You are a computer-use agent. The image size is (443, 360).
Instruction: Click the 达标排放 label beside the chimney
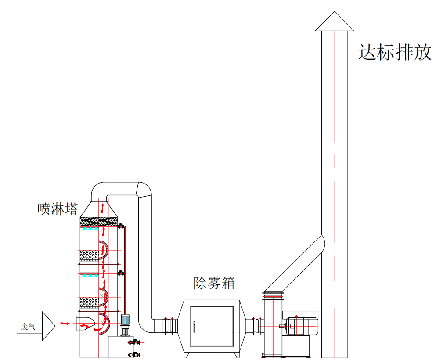[x=395, y=52]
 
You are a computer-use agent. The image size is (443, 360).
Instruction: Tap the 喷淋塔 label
[x=58, y=209]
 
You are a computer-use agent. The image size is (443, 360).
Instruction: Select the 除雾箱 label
[x=214, y=283]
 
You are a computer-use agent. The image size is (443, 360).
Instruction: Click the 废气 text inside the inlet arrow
[x=28, y=326]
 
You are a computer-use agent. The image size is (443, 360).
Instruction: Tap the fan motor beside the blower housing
[x=301, y=326]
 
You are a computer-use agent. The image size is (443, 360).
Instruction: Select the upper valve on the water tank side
[x=132, y=342]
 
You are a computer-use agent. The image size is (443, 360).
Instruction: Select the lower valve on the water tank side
[x=132, y=354]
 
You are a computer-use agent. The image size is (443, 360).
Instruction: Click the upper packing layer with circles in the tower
[x=89, y=255]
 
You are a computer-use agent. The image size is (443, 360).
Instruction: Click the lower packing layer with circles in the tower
[x=89, y=302]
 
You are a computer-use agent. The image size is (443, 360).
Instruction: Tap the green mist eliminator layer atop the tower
[x=99, y=223]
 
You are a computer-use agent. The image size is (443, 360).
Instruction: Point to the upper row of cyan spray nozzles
[x=91, y=229]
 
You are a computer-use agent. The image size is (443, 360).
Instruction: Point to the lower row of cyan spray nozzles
[x=91, y=276]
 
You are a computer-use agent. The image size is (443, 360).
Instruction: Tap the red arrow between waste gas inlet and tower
[x=65, y=324]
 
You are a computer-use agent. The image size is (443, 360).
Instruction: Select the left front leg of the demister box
[x=186, y=354]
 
